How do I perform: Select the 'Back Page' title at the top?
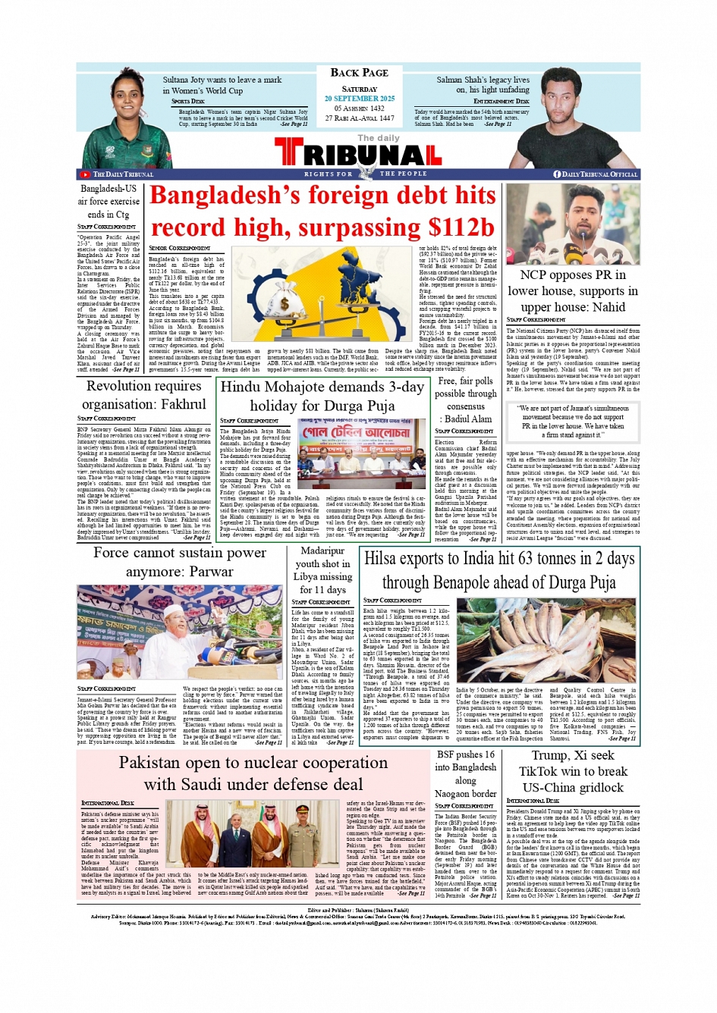pos(359,73)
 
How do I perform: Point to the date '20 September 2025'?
pos(359,99)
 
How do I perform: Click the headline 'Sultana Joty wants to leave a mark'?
pos(222,80)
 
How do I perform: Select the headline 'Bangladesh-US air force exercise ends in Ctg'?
pos(108,201)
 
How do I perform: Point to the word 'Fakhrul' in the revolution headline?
pos(179,404)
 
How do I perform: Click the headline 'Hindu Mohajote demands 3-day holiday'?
pos(322,396)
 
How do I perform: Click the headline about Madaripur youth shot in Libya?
pos(323,570)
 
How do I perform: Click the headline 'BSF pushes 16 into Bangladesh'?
pos(466,773)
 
